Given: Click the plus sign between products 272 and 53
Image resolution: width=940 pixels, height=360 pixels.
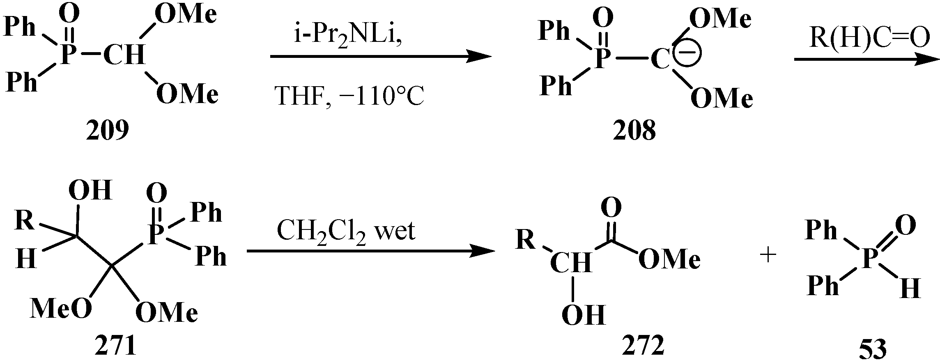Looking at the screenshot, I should [768, 256].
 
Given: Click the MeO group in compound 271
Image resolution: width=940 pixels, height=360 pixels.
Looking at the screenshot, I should [61, 309].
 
